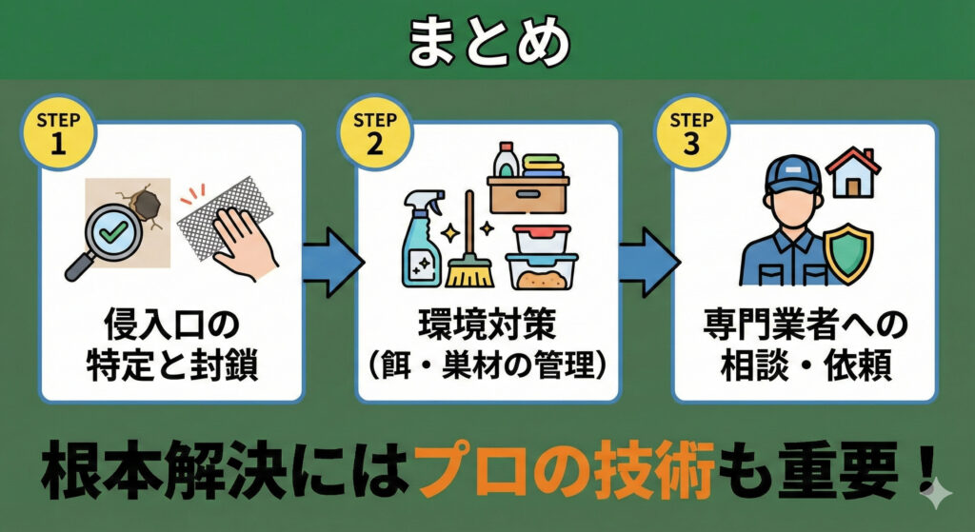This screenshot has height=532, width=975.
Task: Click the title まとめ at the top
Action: coord(487,41)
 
